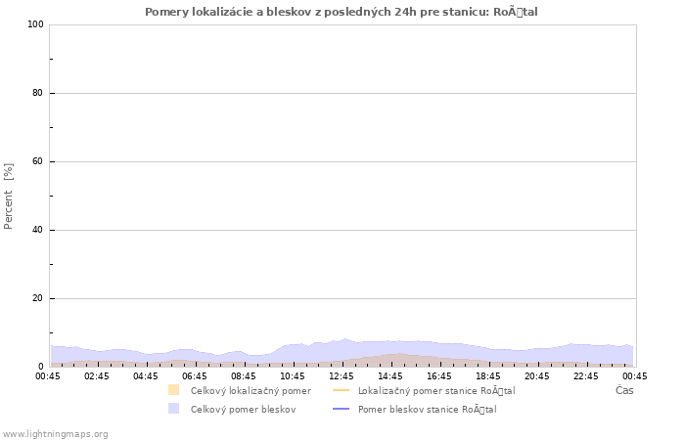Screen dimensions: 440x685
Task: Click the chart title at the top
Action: coord(342,12)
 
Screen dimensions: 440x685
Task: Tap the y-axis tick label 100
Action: coord(35,24)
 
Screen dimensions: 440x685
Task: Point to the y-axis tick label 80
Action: coord(38,93)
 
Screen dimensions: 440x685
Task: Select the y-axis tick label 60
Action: coord(38,161)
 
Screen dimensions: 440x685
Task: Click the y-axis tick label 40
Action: coord(38,230)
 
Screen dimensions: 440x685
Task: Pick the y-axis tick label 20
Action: coord(38,298)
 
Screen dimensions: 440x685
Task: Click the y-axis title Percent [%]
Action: coord(9,196)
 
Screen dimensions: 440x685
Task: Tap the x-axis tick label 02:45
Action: coord(97,375)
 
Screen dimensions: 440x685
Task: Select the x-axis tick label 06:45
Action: coord(195,375)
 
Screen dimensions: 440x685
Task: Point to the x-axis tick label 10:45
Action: coord(293,375)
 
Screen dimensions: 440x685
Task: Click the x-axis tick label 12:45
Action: coord(342,375)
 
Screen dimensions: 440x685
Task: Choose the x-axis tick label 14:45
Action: coord(390,375)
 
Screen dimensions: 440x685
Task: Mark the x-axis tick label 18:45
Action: coord(488,375)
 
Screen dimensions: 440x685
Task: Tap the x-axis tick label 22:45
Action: coord(586,375)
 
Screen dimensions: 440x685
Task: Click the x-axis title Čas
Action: coord(623,390)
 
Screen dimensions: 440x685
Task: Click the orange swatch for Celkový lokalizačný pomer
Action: coord(173,390)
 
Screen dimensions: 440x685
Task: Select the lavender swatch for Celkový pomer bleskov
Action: coord(173,409)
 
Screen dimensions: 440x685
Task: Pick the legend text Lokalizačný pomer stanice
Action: coord(436,390)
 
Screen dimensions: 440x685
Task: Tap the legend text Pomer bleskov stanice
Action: coord(427,409)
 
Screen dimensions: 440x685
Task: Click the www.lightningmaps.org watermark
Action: coord(56,433)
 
